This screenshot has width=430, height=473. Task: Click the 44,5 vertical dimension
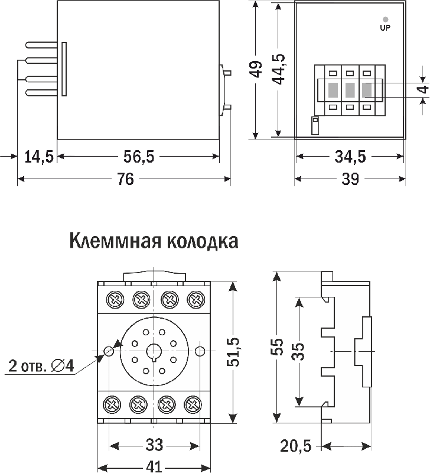point(278,70)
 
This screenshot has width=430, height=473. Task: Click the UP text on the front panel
point(385,27)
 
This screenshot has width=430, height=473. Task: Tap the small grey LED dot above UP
point(385,19)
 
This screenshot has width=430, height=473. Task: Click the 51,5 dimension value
point(236,352)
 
